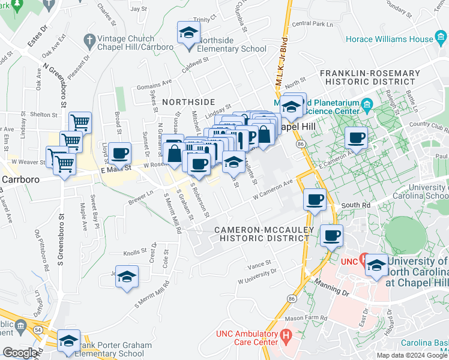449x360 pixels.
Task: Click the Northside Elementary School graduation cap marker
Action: point(188,34)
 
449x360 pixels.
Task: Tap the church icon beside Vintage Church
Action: point(89,41)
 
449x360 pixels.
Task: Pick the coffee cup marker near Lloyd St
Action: point(120,154)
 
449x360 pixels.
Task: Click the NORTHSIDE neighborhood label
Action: point(188,102)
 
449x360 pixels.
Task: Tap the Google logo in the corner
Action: point(20,353)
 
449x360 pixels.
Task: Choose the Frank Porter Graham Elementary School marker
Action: point(68,341)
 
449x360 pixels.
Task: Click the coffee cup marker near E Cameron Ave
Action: point(357,139)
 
